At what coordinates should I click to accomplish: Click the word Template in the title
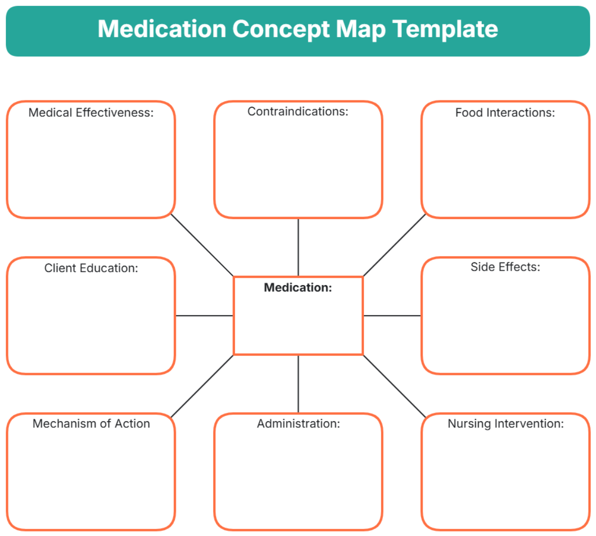[445, 29]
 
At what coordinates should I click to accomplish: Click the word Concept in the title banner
[281, 29]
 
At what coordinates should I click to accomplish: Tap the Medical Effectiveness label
[91, 113]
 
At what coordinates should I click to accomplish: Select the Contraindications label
[298, 112]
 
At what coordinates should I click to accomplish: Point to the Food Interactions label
[505, 113]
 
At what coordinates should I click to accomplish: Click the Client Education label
[91, 268]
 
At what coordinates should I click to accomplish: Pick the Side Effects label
[505, 267]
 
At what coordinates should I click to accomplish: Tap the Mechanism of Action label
[91, 424]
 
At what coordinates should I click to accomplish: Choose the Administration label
[298, 424]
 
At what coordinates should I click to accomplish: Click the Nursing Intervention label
[506, 424]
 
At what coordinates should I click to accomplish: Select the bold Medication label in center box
[298, 288]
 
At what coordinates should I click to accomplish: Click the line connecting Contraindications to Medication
[298, 247]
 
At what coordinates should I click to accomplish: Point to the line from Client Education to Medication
[204, 315]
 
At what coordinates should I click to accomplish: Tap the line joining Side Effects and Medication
[392, 315]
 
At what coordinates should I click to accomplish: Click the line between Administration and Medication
[298, 384]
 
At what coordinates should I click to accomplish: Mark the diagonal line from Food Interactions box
[395, 245]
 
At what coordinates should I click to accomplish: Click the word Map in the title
[361, 29]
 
